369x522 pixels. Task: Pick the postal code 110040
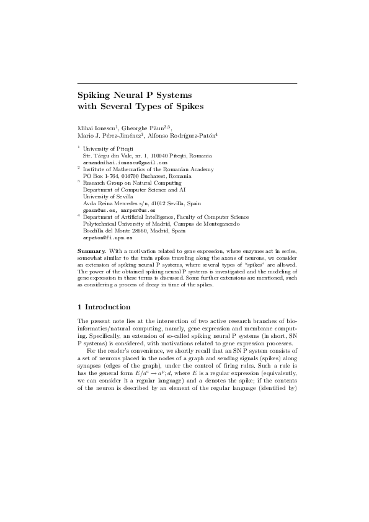[x=158, y=156]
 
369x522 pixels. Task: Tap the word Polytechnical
[x=101, y=224]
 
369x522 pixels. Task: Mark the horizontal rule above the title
[x=187, y=82]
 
